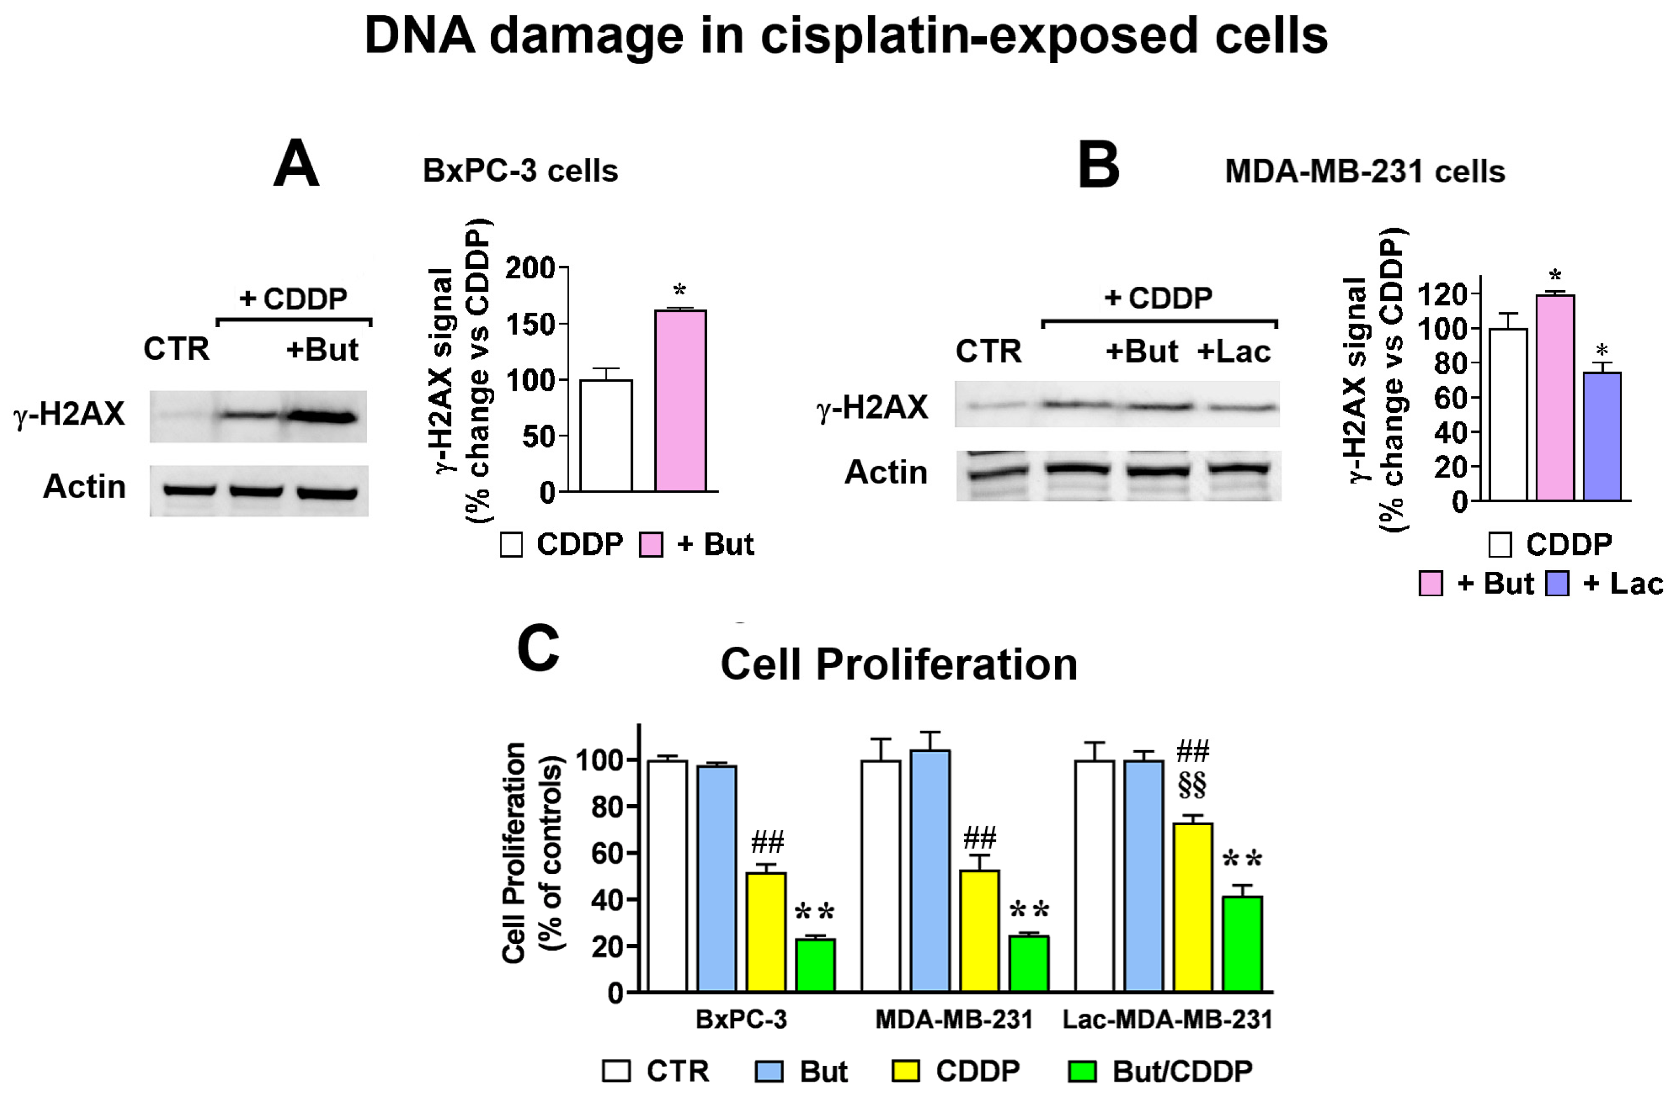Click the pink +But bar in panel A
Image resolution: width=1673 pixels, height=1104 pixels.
coord(680,400)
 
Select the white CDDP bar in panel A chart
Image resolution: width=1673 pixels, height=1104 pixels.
coord(606,435)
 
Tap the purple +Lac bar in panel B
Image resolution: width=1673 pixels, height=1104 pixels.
coord(1602,437)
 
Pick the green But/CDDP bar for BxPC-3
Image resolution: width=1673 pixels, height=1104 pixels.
coord(815,965)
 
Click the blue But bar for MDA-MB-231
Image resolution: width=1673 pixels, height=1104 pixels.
coord(929,871)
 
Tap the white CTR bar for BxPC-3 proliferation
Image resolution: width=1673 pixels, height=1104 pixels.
coord(667,876)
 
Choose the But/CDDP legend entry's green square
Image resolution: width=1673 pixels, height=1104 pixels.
coord(1082,1071)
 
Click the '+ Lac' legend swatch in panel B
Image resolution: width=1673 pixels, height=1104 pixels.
coord(1558,584)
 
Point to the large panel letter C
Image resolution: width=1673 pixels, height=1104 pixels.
coord(538,648)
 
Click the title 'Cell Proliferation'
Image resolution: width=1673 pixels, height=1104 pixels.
coord(899,664)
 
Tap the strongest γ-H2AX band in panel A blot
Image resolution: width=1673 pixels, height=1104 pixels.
coord(324,417)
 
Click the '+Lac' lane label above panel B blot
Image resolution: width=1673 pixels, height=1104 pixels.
coord(1234,350)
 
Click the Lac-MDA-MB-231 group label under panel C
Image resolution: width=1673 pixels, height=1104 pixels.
coord(1167,1020)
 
